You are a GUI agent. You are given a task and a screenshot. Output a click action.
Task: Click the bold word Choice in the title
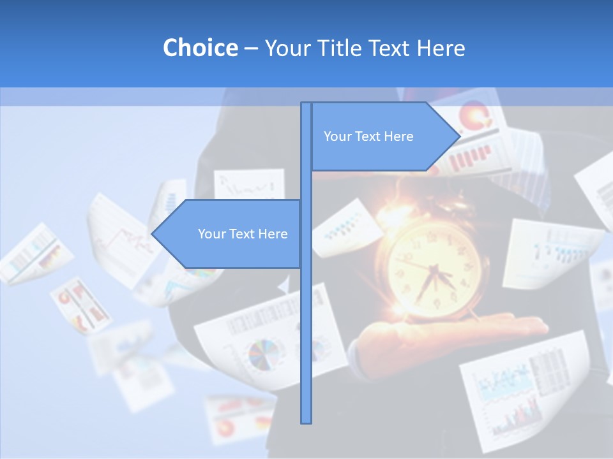[200, 48]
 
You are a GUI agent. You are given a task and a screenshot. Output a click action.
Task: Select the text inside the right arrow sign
[368, 136]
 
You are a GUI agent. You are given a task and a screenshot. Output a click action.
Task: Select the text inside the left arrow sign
[243, 234]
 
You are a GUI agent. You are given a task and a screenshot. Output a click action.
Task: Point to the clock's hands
[434, 275]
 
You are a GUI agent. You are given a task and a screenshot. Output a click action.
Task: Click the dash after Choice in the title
[251, 48]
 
